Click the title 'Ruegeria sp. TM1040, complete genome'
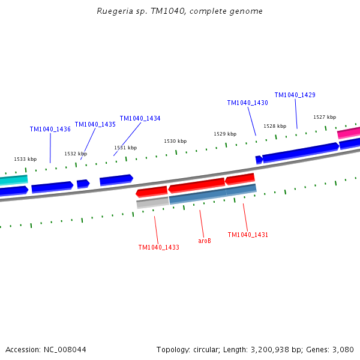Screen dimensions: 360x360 pos(179,11)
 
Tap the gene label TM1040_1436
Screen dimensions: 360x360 pos(50,129)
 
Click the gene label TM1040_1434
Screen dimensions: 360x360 pos(140,118)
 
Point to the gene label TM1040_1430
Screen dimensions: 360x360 pos(247,103)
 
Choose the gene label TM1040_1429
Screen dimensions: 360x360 pos(295,95)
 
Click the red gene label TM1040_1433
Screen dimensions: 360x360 pos(158,247)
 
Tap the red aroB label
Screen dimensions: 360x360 pos(205,241)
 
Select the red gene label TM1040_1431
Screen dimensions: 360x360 pos(248,235)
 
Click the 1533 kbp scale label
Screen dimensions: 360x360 pos(25,159)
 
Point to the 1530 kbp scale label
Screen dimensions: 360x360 pos(175,141)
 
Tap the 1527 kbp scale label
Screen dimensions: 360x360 pos(325,117)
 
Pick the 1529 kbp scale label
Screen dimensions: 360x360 pos(225,134)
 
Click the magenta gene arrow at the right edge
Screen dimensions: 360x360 pos(349,133)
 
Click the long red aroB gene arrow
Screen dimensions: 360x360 pos(196,184)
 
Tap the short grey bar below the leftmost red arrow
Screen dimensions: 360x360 pos(152,202)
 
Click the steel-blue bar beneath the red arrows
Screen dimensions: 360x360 pos(213,194)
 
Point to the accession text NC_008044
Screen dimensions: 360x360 pos(46,349)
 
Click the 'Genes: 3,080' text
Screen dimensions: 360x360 pos(331,349)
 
